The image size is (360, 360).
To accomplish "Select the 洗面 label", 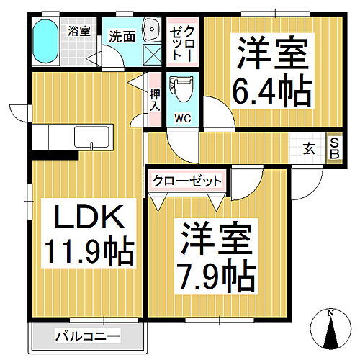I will pyautogui.click(x=122, y=36).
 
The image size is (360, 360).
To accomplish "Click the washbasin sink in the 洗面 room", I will pyautogui.click(x=152, y=30).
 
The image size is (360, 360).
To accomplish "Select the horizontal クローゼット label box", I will pyautogui.click(x=187, y=181).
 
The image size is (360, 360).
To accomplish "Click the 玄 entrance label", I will pyautogui.click(x=309, y=149).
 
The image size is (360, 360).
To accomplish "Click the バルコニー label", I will pyautogui.click(x=87, y=336).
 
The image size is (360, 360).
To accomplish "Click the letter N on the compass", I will pyautogui.click(x=330, y=313).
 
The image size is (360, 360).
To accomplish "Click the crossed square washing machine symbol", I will pyautogui.click(x=152, y=55).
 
